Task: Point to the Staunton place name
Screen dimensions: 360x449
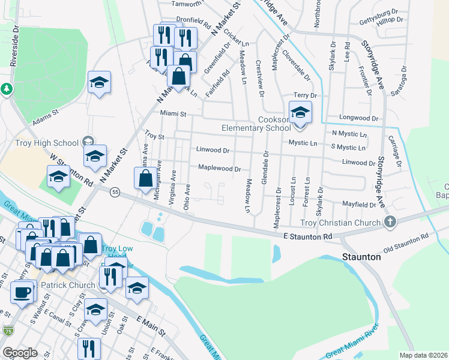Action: click(x=361, y=256)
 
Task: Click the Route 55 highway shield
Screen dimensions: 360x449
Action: click(x=115, y=191)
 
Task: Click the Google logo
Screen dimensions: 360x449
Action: click(x=20, y=352)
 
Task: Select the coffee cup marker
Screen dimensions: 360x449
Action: click(x=23, y=293)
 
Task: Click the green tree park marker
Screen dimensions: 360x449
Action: click(x=7, y=89)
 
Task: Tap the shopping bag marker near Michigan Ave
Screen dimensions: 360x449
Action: click(x=145, y=179)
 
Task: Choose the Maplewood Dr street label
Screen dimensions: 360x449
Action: click(x=219, y=169)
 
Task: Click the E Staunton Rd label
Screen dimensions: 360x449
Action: click(x=308, y=237)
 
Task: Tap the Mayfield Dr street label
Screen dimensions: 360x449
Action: click(x=358, y=205)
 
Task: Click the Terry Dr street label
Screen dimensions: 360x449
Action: click(x=304, y=95)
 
